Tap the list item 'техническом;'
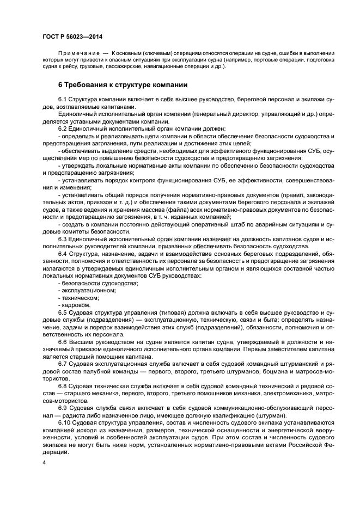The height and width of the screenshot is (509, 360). [79, 298]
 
